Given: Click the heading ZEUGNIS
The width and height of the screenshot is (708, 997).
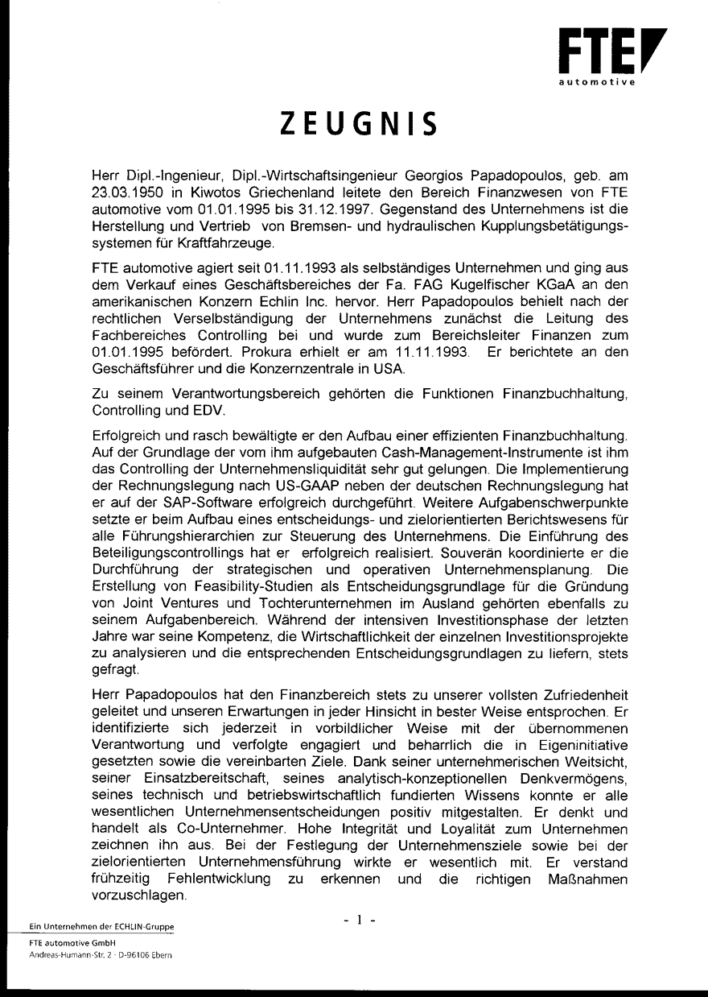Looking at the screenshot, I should (359, 125).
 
